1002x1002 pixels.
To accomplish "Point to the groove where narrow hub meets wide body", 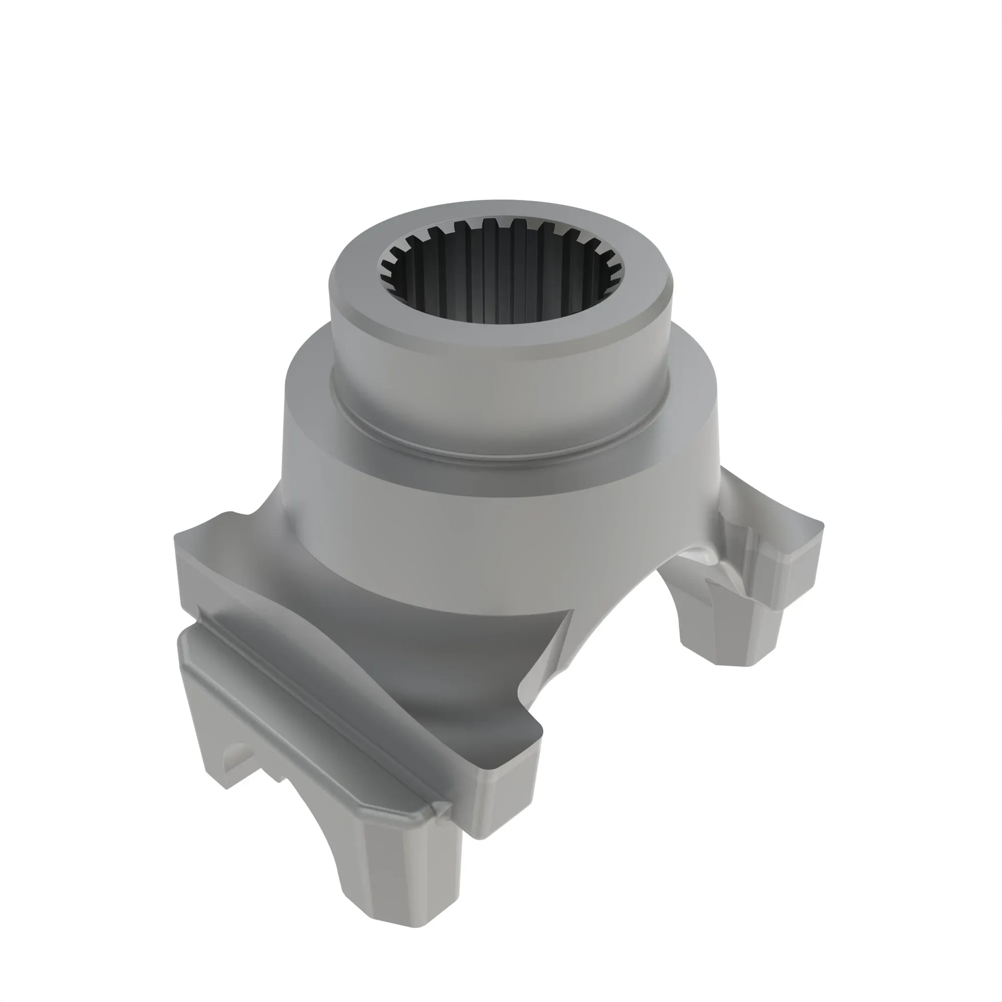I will pyautogui.click(x=492, y=456).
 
